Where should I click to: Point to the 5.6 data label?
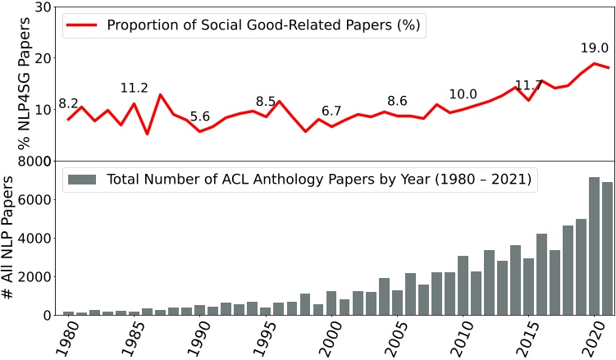coord(200,117)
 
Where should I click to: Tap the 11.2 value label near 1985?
coord(134,89)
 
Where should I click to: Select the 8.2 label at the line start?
coord(68,104)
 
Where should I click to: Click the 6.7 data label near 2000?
coord(331,111)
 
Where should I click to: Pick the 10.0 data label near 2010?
coord(463,94)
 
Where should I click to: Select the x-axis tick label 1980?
coord(63,338)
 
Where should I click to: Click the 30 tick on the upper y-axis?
coord(44,7)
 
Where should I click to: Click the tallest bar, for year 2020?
coord(595,246)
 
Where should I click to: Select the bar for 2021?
coord(608,248)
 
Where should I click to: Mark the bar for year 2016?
coord(541,274)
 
